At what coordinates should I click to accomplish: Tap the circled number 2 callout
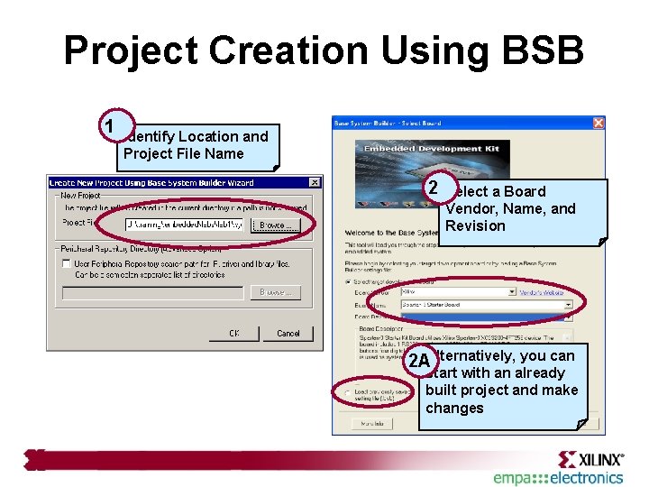(x=433, y=188)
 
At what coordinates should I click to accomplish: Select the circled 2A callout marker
(x=417, y=361)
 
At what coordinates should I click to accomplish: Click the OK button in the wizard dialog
(x=233, y=333)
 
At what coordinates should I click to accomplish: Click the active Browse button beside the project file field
(x=275, y=225)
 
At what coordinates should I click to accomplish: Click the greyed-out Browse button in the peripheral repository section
(x=275, y=292)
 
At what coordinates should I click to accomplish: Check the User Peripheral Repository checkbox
(x=67, y=263)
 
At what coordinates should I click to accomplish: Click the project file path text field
(x=184, y=225)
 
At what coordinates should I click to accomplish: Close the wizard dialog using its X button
(x=314, y=182)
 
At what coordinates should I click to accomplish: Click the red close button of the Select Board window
(x=598, y=123)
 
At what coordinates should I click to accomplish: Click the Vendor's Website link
(x=542, y=292)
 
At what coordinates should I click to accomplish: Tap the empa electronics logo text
(x=558, y=478)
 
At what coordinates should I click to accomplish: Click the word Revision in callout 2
(x=475, y=225)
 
